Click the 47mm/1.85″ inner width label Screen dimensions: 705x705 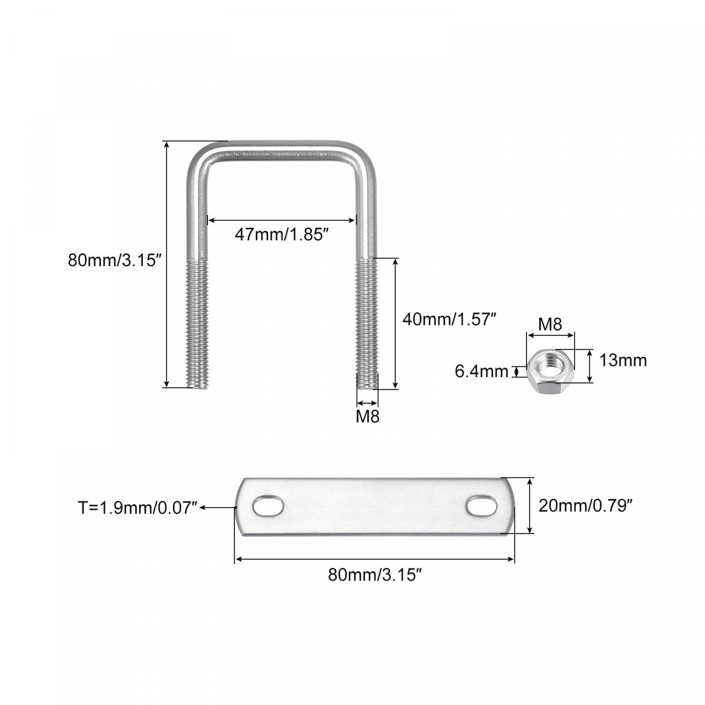[280, 234]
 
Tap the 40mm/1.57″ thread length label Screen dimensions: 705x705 [449, 320]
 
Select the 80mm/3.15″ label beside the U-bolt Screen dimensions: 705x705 [115, 261]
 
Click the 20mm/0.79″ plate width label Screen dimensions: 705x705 [585, 506]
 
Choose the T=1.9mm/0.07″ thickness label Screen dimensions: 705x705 [137, 508]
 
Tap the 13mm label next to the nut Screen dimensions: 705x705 [623, 360]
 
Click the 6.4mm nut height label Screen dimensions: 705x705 [482, 371]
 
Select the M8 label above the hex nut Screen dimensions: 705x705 [550, 324]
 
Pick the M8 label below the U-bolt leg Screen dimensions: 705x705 [368, 417]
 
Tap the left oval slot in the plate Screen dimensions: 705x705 [268, 506]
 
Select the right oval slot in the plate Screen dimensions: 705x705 [481, 506]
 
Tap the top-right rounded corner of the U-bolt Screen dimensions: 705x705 [362, 157]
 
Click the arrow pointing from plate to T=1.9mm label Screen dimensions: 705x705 [218, 508]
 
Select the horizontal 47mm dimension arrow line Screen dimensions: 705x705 [281, 220]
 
